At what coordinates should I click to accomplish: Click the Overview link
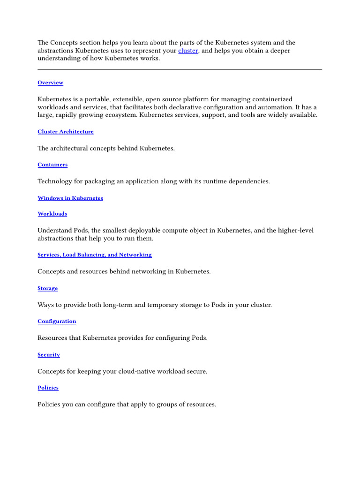[x=50, y=83]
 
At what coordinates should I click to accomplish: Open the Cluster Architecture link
[x=66, y=132]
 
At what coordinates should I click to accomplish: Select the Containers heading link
[x=52, y=165]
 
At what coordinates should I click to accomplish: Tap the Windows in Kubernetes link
[x=70, y=198]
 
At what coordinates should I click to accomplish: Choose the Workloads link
[x=52, y=214]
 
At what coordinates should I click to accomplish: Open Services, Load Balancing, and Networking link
[x=95, y=255]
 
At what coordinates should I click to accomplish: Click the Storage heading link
[x=47, y=288]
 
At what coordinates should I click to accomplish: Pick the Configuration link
[x=57, y=322]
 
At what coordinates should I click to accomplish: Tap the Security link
[x=49, y=355]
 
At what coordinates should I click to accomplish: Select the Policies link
[x=48, y=388]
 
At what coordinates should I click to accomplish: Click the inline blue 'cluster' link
[x=188, y=51]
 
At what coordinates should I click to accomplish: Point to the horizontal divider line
[x=180, y=69]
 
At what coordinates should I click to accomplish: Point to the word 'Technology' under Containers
[x=55, y=181]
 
